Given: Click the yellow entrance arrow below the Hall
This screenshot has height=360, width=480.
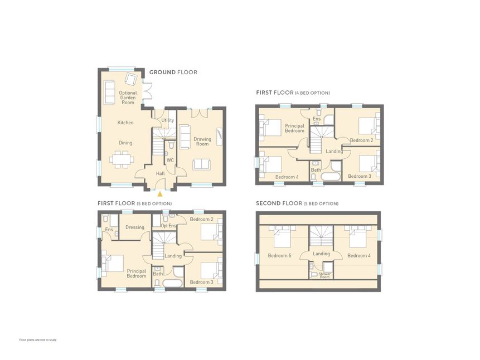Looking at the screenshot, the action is [160, 194].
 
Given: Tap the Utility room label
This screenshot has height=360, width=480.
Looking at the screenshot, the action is [167, 120].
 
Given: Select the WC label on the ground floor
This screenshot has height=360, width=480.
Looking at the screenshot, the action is [170, 160].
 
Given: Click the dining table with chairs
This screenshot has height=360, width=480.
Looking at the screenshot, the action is [122, 159].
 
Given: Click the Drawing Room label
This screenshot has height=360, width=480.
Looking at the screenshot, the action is [202, 142].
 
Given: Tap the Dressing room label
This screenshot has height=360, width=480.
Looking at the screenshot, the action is [135, 227].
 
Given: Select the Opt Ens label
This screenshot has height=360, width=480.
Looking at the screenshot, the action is [168, 226].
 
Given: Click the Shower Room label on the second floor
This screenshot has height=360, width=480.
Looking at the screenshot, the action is [324, 275].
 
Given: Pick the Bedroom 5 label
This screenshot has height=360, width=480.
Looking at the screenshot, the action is [279, 256].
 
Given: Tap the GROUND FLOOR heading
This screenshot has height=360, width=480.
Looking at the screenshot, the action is [173, 72].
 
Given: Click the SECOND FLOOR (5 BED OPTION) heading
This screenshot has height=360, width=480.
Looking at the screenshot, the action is [297, 203].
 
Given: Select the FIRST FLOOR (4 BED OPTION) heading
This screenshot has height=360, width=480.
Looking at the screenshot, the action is [293, 93].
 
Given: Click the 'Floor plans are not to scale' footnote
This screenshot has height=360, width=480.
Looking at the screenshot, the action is [38, 340].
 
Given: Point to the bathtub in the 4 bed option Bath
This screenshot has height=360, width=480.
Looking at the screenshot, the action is [330, 177].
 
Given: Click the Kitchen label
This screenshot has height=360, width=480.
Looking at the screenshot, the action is [125, 123].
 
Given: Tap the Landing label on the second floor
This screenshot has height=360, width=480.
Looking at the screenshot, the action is [321, 254].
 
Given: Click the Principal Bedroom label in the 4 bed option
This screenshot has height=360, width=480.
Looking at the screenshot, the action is [294, 128].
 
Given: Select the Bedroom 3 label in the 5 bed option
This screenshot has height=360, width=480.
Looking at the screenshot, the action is [201, 282].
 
